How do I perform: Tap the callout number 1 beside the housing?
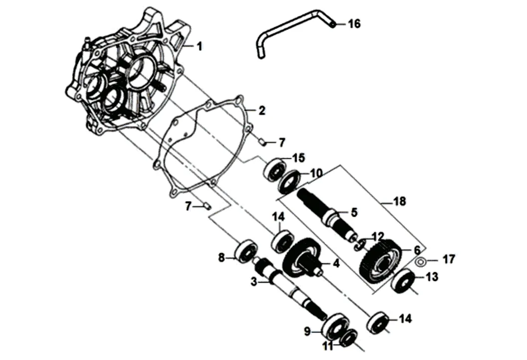pos(199,46)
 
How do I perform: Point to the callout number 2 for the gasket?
pos(261,110)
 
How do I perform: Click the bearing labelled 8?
pos(247,250)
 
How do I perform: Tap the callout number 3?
pos(254,282)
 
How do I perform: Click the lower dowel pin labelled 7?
pos(207,205)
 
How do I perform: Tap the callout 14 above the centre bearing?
pos(279,217)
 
